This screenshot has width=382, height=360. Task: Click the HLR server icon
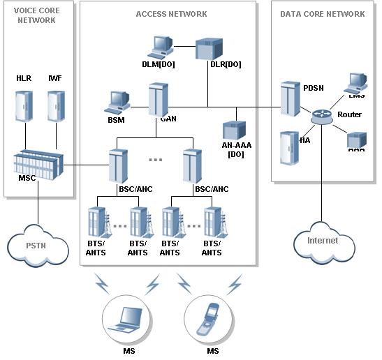(24, 105)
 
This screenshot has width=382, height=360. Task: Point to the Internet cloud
(321, 240)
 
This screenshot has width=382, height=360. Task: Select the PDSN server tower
(290, 99)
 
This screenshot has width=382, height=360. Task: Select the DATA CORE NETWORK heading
(322, 14)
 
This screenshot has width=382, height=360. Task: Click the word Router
(349, 114)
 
